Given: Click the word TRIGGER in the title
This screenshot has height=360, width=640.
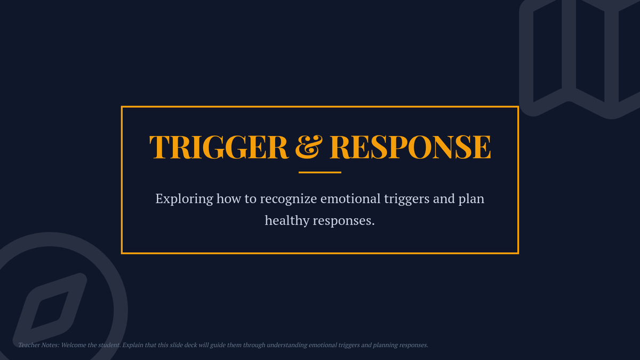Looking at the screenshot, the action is coord(219,147).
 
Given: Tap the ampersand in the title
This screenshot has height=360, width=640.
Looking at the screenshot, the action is coord(309,147).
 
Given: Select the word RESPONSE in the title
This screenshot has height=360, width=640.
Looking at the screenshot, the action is coord(410,147).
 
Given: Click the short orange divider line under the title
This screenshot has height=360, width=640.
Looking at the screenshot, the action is coord(319,172).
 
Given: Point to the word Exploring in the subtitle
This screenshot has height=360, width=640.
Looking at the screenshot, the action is coord(185,199).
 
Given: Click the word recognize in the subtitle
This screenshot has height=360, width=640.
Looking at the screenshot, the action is coord(289,199).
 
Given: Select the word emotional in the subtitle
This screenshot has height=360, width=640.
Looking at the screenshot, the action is coord(350,198).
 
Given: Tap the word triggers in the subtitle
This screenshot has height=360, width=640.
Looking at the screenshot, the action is coord(406,199).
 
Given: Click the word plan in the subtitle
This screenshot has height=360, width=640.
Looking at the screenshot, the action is coord(471,199).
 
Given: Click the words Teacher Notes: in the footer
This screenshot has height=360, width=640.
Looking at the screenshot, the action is coord(39,345).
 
